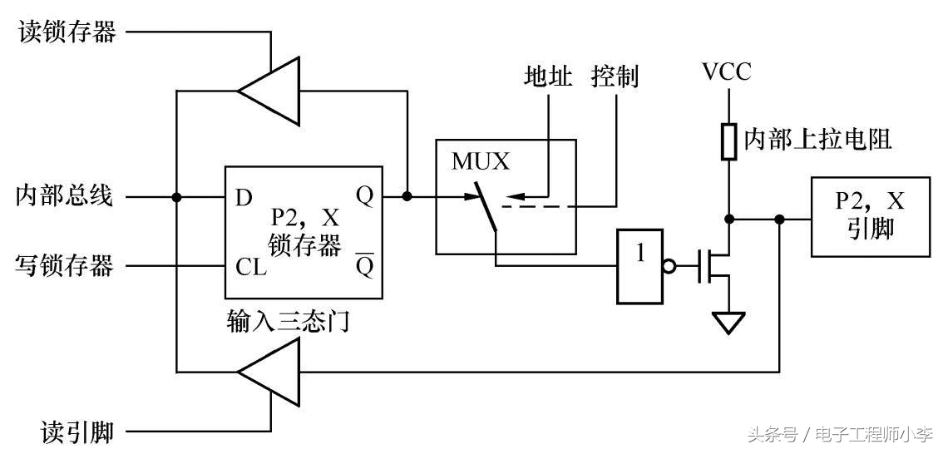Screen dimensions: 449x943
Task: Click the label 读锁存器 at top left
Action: coord(67,33)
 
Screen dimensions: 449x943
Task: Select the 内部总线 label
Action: coord(65,197)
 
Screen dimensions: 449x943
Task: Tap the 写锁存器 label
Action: coord(65,267)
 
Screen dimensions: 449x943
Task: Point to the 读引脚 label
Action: coord(77,432)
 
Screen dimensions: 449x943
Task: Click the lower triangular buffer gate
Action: coord(271,372)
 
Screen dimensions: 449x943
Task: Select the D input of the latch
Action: coord(244,198)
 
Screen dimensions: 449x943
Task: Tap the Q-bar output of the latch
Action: coord(363,266)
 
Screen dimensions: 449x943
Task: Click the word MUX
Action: coord(480,161)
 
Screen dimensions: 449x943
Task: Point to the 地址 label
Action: coord(548,77)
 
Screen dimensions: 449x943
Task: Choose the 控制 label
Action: coord(615,77)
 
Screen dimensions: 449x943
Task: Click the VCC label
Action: coord(726,72)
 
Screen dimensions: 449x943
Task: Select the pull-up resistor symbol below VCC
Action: coord(728,141)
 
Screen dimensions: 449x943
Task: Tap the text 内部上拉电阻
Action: coord(817,140)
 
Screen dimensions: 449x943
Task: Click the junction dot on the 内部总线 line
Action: coord(177,197)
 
